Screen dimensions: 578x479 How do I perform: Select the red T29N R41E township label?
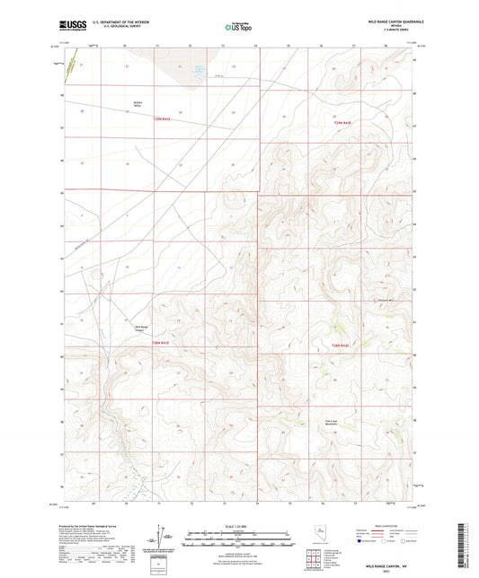[161, 118]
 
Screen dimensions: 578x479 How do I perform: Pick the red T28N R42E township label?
[340, 346]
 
